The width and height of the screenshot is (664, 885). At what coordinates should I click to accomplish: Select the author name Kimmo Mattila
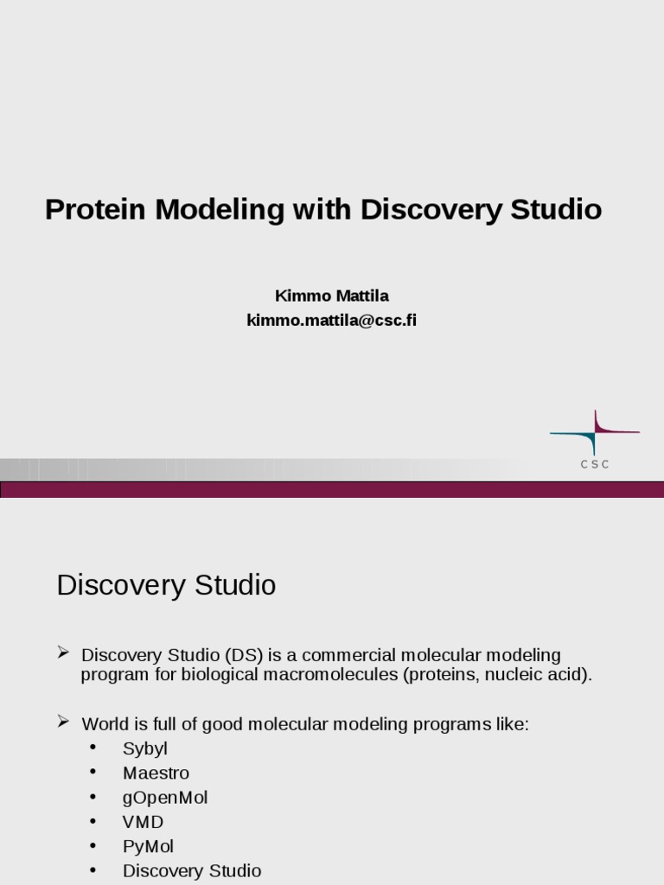[x=331, y=296]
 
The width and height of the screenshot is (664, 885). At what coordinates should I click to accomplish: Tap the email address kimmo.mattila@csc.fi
[x=331, y=321]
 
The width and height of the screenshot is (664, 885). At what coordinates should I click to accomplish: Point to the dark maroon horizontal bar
[x=332, y=490]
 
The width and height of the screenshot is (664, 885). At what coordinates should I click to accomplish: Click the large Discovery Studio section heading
[x=166, y=585]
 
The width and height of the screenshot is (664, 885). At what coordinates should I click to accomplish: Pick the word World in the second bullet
[x=105, y=724]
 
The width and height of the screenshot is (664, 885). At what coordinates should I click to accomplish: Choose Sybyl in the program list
[x=144, y=749]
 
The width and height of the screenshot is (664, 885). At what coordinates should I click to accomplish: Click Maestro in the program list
[x=156, y=774]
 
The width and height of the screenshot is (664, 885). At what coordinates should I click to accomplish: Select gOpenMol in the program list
[x=165, y=798]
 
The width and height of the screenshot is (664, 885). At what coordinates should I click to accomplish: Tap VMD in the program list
[x=143, y=822]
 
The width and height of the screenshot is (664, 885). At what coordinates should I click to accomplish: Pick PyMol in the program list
[x=148, y=846]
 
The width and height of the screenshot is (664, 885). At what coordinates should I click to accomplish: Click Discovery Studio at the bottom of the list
[x=191, y=870]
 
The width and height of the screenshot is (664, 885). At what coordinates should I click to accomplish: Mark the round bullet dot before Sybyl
[x=93, y=748]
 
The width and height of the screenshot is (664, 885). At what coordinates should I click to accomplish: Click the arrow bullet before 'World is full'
[x=63, y=721]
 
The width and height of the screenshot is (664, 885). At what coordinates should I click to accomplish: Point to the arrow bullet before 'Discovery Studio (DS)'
[x=63, y=652]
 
